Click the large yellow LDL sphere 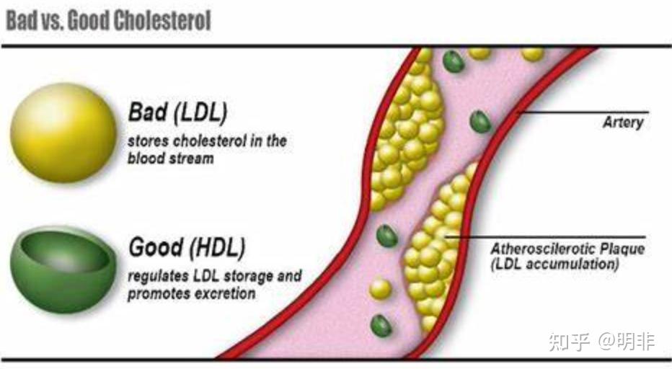[x=64, y=133]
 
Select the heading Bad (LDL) [x=177, y=112]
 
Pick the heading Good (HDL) [x=187, y=247]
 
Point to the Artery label [x=623, y=123]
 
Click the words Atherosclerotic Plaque [x=567, y=249]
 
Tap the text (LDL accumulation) [x=554, y=264]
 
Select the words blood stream [x=171, y=158]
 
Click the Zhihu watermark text [x=602, y=342]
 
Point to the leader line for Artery [x=583, y=112]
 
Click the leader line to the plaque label [x=545, y=236]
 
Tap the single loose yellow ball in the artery [x=381, y=289]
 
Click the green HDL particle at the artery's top [x=454, y=61]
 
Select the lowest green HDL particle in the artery [x=381, y=326]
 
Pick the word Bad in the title [x=22, y=20]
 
